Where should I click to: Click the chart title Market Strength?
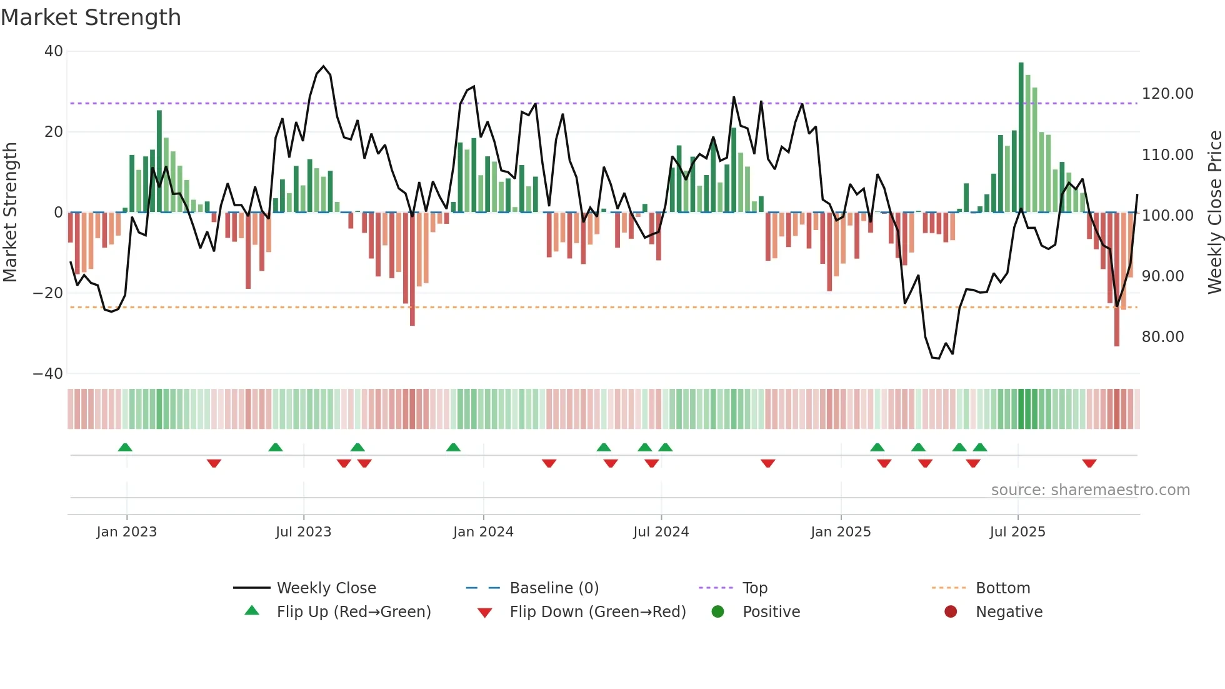pos(91,18)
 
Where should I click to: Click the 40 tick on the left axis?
pos(54,51)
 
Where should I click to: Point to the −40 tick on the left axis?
pos(48,374)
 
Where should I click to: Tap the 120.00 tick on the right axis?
pos(1167,94)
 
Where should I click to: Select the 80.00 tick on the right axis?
pos(1162,337)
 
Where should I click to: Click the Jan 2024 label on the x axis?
pos(483,532)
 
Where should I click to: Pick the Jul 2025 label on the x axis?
pos(1017,532)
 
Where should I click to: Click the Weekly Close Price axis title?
pos(1214,213)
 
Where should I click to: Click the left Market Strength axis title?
pos(10,213)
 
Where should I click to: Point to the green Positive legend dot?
pos(717,612)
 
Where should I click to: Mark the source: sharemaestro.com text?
pos(1090,490)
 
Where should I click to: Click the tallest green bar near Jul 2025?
pos(1021,138)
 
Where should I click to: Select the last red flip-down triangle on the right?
pos(1089,463)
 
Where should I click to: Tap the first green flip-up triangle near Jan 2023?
pos(125,448)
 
